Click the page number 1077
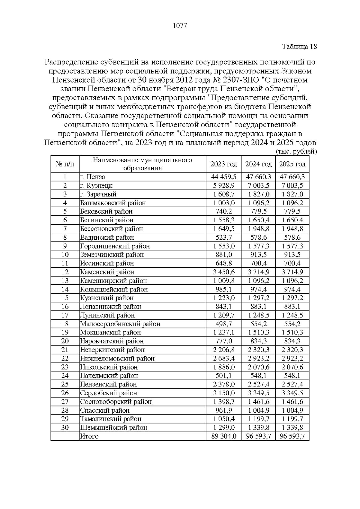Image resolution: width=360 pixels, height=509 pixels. click(180, 26)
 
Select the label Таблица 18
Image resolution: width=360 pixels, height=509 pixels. click(299, 46)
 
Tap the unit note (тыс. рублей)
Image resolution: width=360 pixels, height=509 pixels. click(296, 152)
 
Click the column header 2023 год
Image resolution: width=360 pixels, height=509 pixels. click(223, 164)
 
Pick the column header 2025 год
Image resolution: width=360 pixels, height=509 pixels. click(292, 164)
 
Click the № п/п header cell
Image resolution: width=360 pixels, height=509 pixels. click(65, 164)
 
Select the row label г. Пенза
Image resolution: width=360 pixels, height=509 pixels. click(92, 177)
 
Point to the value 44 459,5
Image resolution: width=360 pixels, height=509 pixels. click(223, 177)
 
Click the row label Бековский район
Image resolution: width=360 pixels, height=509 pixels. click(106, 211)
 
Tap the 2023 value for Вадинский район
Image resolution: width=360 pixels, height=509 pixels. click(223, 238)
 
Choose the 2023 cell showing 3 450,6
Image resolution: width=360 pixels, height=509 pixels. click(223, 272)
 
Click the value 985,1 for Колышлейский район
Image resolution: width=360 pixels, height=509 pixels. click(223, 289)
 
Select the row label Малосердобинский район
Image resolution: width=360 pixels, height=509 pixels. click(120, 324)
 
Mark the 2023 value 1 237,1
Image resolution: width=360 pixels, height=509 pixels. click(223, 333)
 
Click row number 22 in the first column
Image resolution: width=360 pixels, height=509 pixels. click(65, 358)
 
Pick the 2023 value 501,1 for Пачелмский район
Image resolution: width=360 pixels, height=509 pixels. click(223, 376)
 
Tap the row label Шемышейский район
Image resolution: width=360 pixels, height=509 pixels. click(113, 428)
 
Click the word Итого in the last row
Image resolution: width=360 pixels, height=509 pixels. click(89, 436)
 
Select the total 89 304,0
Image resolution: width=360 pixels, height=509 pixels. click(223, 436)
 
